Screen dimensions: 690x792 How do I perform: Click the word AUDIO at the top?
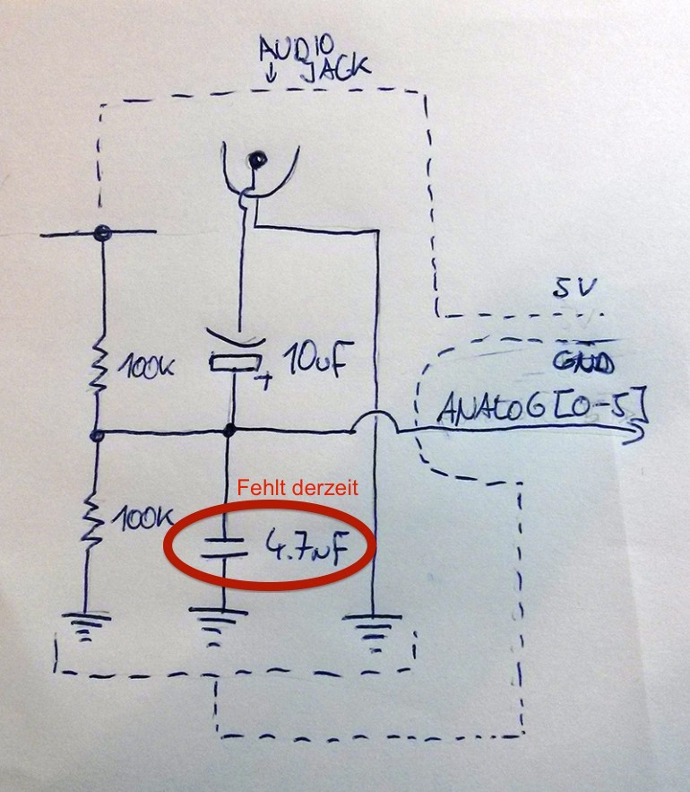pyautogui.click(x=297, y=50)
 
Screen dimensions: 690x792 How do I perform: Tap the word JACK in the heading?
pyautogui.click(x=336, y=70)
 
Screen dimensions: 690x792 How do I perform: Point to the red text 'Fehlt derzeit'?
pyautogui.click(x=298, y=488)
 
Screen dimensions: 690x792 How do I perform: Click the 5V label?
pyautogui.click(x=574, y=287)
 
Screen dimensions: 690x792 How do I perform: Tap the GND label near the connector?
pyautogui.click(x=583, y=361)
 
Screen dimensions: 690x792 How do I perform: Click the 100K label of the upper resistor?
pyautogui.click(x=146, y=367)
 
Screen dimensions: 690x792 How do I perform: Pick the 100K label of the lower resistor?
pyautogui.click(x=145, y=518)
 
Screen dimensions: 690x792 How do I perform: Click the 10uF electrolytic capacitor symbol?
pyautogui.click(x=236, y=354)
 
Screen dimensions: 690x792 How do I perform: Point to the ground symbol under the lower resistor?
pyautogui.click(x=85, y=627)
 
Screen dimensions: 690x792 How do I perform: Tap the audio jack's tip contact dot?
pyautogui.click(x=258, y=161)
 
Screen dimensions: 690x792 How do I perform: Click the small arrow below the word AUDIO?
pyautogui.click(x=270, y=74)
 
